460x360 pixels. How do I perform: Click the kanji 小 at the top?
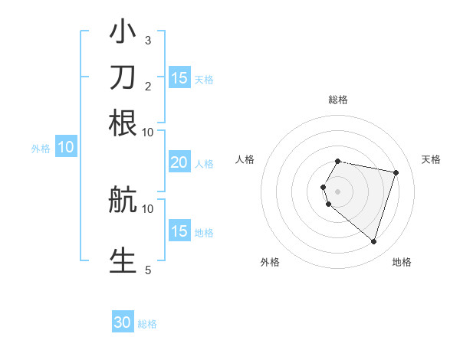pos(123,33)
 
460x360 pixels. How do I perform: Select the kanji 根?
pos(123,123)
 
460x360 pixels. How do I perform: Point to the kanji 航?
pos(123,201)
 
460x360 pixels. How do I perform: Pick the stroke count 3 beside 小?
pos(148,40)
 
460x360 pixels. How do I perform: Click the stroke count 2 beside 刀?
pos(148,85)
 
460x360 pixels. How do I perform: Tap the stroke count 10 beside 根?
pos(148,131)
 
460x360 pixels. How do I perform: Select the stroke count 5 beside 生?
pos(148,269)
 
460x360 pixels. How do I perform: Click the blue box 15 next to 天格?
pos(179,78)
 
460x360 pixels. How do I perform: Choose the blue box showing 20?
pos(179,162)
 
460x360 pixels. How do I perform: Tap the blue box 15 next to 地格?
pos(179,231)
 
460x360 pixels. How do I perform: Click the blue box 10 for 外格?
pos(66,148)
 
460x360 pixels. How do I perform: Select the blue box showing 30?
pos(123,322)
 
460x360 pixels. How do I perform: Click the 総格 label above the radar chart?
pos(338,100)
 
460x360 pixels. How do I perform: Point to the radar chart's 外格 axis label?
pos(270,262)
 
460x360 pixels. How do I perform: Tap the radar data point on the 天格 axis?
pos(396,173)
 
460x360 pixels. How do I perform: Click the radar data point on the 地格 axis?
pos(373,242)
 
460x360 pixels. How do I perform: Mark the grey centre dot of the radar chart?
pos(338,191)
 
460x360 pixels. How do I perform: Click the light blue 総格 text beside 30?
pos(148,324)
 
